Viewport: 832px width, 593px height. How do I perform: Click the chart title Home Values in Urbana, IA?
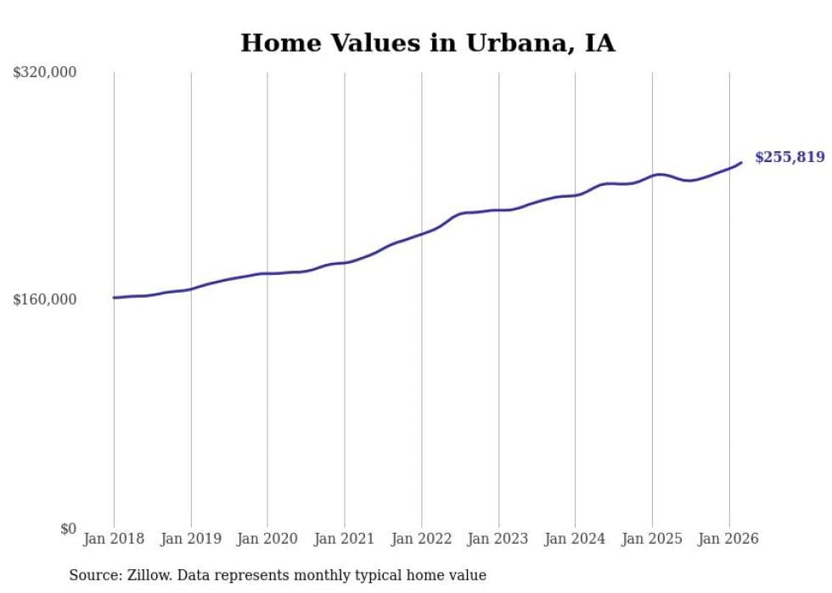(427, 42)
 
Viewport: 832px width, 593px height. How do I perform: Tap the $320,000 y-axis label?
(45, 73)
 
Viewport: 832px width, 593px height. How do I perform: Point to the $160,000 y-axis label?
(45, 299)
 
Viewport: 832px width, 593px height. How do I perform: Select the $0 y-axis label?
(68, 529)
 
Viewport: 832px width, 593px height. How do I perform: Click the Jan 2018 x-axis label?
(114, 539)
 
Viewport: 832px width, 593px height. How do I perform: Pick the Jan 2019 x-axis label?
(191, 539)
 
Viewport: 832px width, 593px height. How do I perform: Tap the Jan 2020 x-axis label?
(267, 539)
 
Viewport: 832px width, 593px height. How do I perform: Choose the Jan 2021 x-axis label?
(345, 539)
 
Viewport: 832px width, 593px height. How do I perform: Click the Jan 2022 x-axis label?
(421, 539)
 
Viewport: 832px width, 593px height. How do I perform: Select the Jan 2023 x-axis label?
(498, 539)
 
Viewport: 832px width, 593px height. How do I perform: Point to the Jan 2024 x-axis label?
(575, 539)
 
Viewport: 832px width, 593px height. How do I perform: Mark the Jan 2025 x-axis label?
(652, 539)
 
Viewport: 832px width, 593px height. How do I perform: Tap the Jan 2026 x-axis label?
(728, 539)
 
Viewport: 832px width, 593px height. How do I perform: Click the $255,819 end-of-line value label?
(790, 157)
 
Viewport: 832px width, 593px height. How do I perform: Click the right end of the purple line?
(741, 163)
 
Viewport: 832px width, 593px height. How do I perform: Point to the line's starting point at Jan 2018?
(114, 298)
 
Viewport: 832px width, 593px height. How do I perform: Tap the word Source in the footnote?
(93, 575)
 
